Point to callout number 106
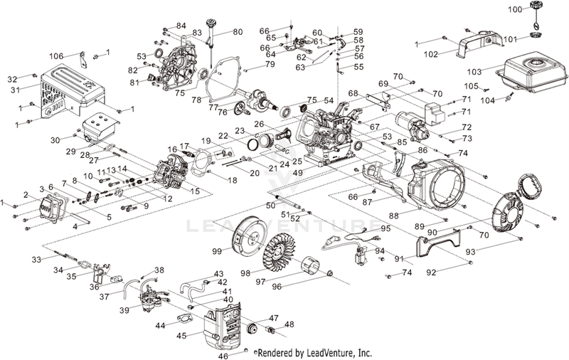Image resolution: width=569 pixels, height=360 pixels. point(56,55)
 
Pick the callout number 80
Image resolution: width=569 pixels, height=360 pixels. point(238,31)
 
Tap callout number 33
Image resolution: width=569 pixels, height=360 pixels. point(36,260)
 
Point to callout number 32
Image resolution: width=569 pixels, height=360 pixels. point(11,78)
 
